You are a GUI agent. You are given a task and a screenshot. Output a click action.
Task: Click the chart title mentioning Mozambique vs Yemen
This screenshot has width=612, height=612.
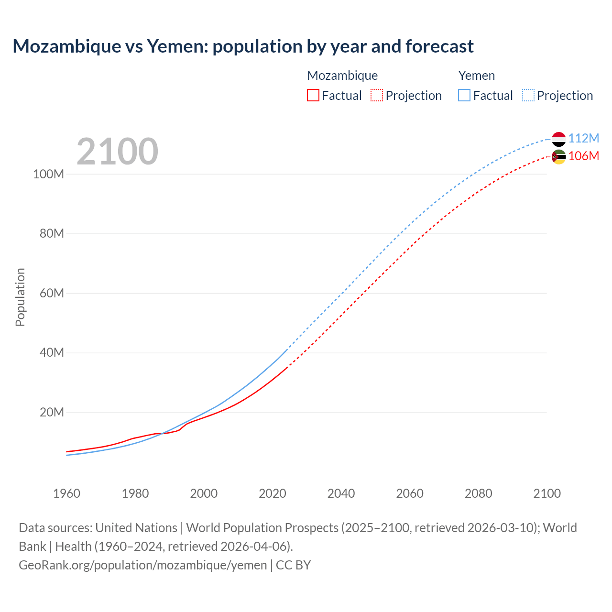pos(243,46)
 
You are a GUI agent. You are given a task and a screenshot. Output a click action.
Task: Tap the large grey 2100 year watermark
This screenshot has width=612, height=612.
pos(117,152)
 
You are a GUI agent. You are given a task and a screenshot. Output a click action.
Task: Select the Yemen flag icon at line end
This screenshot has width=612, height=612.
pos(558,139)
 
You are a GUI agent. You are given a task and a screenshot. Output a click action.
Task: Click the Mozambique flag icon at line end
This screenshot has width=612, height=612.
pos(558,157)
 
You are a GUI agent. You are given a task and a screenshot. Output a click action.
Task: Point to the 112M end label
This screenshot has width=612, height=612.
pos(583,138)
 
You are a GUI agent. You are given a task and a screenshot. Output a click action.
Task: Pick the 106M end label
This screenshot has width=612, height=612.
pos(583,156)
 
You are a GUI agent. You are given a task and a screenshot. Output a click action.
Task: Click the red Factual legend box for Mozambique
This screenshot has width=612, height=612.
pos(313,95)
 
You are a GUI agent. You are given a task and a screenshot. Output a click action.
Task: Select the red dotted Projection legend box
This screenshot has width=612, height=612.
pos(377,95)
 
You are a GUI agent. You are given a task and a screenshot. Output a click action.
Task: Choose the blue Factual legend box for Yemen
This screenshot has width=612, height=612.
pos(464,95)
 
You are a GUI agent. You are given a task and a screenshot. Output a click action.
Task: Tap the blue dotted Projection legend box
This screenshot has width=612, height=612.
pos(528,95)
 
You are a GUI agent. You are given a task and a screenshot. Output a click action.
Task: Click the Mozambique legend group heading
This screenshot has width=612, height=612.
pos(342,76)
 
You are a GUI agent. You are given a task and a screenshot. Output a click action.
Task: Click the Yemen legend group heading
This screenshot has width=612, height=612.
pos(477,76)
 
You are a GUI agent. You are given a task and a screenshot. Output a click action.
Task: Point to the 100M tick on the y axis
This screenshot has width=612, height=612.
pos(48,174)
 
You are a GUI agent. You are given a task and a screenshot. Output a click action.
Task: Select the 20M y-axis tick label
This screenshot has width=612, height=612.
pos(52,412)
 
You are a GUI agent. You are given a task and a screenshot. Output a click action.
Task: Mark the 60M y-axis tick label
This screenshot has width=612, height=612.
pos(52,293)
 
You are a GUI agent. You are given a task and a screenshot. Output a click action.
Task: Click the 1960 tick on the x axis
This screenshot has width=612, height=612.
pos(66,493)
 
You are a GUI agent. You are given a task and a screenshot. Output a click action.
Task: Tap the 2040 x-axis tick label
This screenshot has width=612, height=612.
pos(341,493)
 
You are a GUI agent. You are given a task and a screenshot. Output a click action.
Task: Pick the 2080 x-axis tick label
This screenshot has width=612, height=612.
pos(478,493)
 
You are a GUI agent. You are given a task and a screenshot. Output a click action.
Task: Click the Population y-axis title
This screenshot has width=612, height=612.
pos(20,297)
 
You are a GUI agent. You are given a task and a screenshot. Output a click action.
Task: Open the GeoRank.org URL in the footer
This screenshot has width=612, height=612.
pos(142,565)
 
